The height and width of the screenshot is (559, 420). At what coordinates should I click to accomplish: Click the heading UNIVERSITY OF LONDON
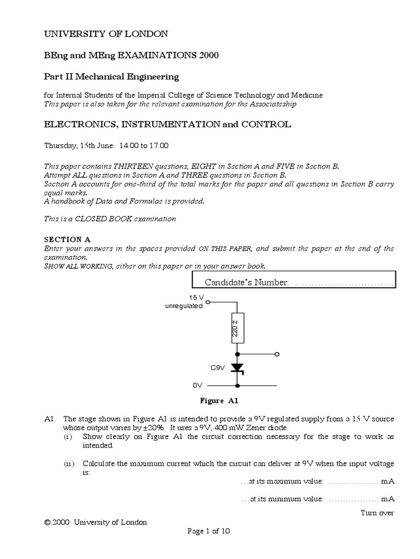click(x=106, y=34)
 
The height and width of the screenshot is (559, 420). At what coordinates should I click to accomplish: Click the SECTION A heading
click(x=67, y=239)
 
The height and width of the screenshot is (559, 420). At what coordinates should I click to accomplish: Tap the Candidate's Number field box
click(x=293, y=282)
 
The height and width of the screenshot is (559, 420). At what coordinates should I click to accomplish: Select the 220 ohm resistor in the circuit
click(x=237, y=328)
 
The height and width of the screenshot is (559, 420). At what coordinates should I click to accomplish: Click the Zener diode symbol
click(x=237, y=368)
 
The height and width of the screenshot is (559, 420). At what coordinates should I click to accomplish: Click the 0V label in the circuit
click(x=197, y=385)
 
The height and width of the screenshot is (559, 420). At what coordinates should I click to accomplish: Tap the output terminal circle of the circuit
click(x=277, y=354)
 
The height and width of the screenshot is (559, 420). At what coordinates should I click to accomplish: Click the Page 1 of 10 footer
click(x=209, y=531)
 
